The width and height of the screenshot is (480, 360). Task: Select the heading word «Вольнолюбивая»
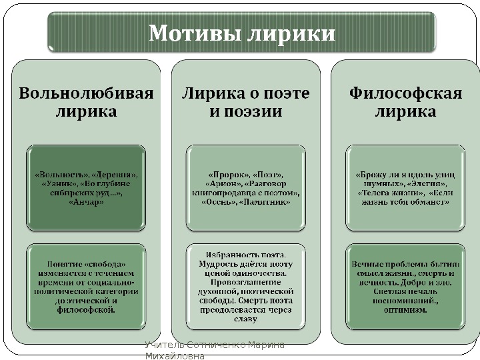pos(86,93)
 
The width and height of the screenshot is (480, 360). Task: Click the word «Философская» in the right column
pos(405,93)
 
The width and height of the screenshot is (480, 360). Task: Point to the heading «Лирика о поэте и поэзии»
pos(246,102)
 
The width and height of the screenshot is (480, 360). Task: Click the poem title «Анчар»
pos(86,203)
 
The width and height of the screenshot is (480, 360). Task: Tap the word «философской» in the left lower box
pos(86,310)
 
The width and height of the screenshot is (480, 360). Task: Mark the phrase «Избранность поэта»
pos(246,255)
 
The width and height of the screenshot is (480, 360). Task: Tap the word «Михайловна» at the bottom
pos(175,355)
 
